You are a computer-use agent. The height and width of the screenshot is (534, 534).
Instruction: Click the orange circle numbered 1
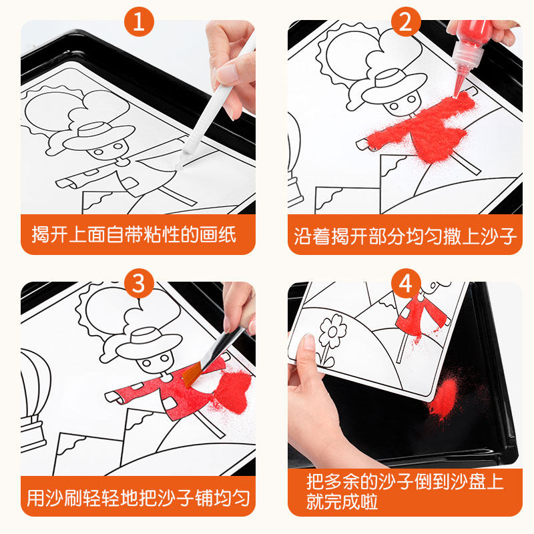(139, 22)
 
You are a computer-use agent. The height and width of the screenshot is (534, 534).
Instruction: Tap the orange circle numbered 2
(405, 22)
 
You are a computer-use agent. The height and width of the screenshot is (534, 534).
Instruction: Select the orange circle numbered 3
(139, 283)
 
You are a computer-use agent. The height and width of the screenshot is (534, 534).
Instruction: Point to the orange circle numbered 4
(405, 283)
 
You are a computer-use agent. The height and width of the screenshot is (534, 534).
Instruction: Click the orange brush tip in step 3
(192, 375)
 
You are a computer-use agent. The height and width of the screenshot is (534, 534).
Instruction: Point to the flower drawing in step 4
(330, 339)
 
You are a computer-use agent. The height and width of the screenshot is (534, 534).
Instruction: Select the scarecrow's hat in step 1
(99, 136)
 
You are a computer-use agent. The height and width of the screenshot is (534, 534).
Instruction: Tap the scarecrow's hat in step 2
(394, 85)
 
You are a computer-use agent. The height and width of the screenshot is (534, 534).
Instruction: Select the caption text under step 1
(134, 235)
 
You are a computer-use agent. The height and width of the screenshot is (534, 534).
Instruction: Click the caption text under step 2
(405, 236)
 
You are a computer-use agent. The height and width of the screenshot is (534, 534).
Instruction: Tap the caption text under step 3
(138, 498)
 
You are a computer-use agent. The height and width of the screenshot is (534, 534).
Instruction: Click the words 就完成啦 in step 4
(342, 501)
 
